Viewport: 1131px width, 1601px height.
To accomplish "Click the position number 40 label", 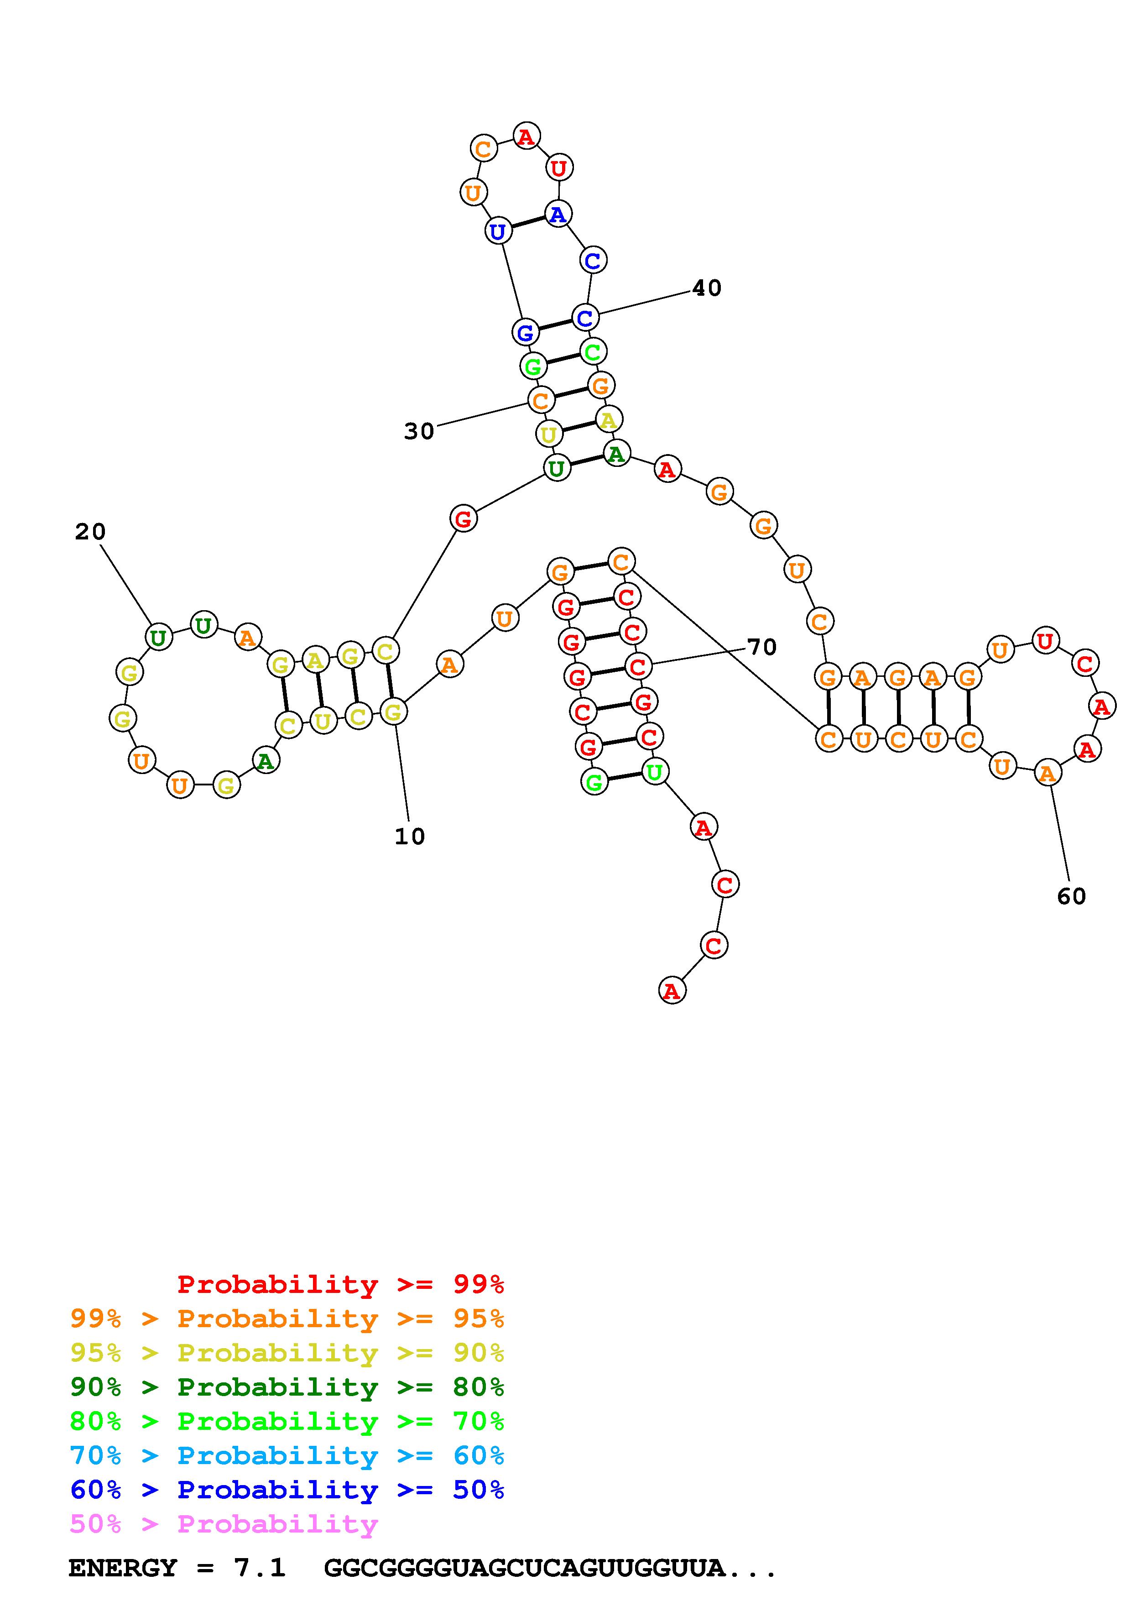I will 707,288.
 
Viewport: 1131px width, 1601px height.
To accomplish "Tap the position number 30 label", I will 419,432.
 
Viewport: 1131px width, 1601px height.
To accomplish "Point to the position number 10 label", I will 410,837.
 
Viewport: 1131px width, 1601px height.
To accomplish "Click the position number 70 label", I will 761,647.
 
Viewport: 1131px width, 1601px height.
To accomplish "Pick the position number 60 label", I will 1071,896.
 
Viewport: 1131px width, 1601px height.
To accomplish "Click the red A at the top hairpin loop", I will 526,136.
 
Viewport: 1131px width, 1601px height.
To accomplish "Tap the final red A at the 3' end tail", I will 672,991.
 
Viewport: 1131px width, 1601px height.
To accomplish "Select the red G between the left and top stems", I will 464,519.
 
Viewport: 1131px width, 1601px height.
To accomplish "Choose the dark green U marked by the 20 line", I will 158,637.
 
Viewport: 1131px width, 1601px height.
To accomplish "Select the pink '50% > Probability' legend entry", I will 224,1524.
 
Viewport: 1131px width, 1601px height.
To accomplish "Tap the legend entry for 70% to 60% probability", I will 287,1456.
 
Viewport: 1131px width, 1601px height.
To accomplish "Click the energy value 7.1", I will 260,1568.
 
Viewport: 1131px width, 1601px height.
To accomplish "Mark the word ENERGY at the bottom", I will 123,1568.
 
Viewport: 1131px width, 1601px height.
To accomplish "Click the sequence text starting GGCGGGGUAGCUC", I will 550,1568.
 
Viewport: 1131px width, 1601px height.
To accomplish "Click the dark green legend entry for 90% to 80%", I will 287,1387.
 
